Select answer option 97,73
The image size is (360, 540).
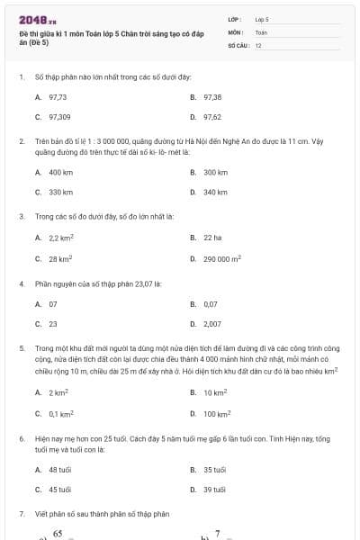click(x=58, y=95)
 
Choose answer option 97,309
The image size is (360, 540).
click(x=59, y=117)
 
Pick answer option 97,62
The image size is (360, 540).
click(x=212, y=117)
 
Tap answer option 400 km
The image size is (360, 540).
click(x=60, y=171)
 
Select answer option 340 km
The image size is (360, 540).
click(x=215, y=192)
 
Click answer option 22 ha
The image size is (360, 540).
click(x=211, y=238)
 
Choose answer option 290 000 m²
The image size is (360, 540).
click(x=222, y=258)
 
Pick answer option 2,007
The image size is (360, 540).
click(x=212, y=324)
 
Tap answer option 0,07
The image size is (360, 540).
click(x=211, y=303)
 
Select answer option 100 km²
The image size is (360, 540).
click(x=216, y=414)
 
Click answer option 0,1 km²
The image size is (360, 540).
click(x=60, y=414)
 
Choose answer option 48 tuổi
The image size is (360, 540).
click(x=59, y=469)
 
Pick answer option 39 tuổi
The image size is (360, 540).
click(x=214, y=490)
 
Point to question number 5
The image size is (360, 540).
click(x=21, y=346)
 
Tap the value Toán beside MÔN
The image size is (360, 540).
click(x=261, y=31)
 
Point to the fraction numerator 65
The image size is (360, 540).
click(x=57, y=533)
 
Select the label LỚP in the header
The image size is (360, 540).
click(x=234, y=18)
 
